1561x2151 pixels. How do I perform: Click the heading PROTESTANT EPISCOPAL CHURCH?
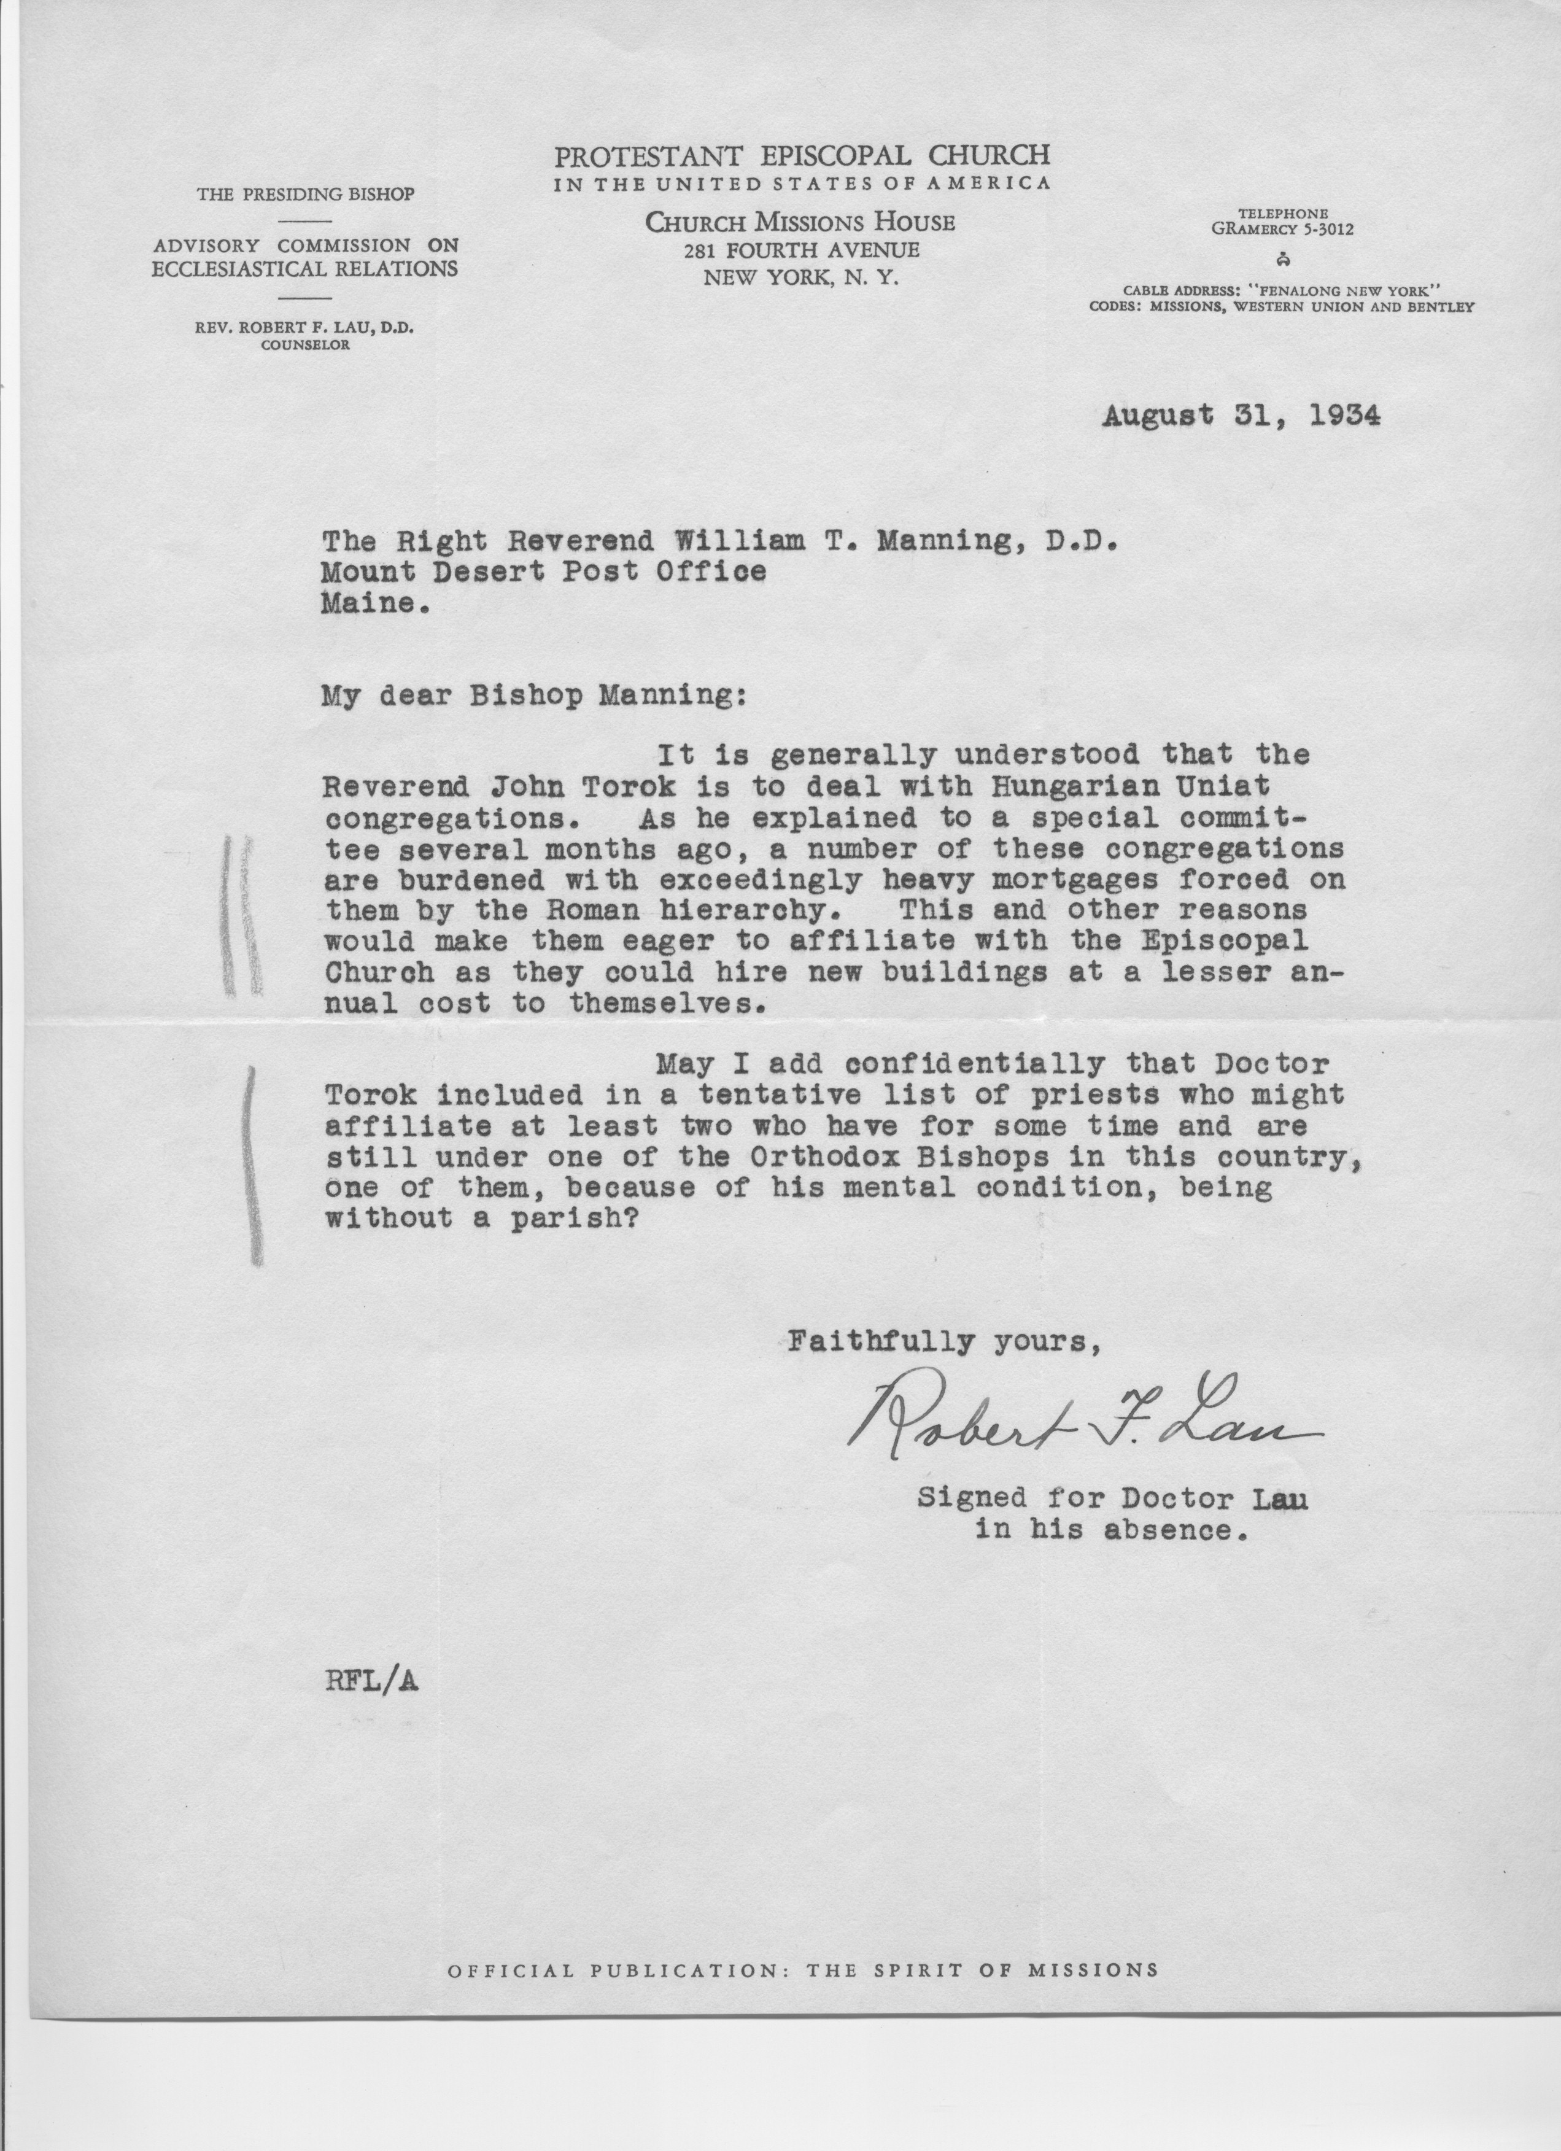click(801, 155)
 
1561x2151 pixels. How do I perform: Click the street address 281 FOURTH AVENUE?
click(801, 250)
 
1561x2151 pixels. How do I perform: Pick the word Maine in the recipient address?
click(369, 603)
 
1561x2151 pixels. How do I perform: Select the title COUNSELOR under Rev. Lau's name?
click(304, 345)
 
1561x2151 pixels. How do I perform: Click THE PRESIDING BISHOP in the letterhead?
click(304, 195)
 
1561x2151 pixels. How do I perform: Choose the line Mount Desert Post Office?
click(543, 572)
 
